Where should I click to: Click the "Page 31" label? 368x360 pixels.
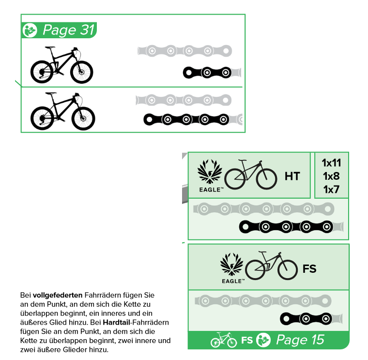pos(69,30)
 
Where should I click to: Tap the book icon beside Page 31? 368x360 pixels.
pos(30,31)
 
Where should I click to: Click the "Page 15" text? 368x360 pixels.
pos(300,340)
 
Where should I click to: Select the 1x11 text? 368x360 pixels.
pos(331,163)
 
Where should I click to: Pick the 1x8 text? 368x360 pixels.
pos(331,176)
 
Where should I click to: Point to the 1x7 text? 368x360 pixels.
pos(331,189)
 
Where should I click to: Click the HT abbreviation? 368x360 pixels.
pos(292,176)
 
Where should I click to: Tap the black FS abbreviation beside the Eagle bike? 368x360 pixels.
pos(309,269)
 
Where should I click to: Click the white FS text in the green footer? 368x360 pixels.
pos(247,340)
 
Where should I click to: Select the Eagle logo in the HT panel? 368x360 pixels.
pos(210,176)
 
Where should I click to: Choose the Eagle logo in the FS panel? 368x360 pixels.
pos(232,268)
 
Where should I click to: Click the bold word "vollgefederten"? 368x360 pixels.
pos(58,295)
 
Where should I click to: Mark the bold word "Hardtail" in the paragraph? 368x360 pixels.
pos(116,322)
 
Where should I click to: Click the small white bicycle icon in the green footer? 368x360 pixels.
pos(224,340)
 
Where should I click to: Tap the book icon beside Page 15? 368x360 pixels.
pos(263,340)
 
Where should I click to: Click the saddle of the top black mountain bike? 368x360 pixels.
pos(50,47)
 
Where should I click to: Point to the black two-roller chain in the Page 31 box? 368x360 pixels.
pos(207,73)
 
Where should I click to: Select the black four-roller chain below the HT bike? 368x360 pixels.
pos(286,227)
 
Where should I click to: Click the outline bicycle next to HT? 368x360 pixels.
pos(251,174)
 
